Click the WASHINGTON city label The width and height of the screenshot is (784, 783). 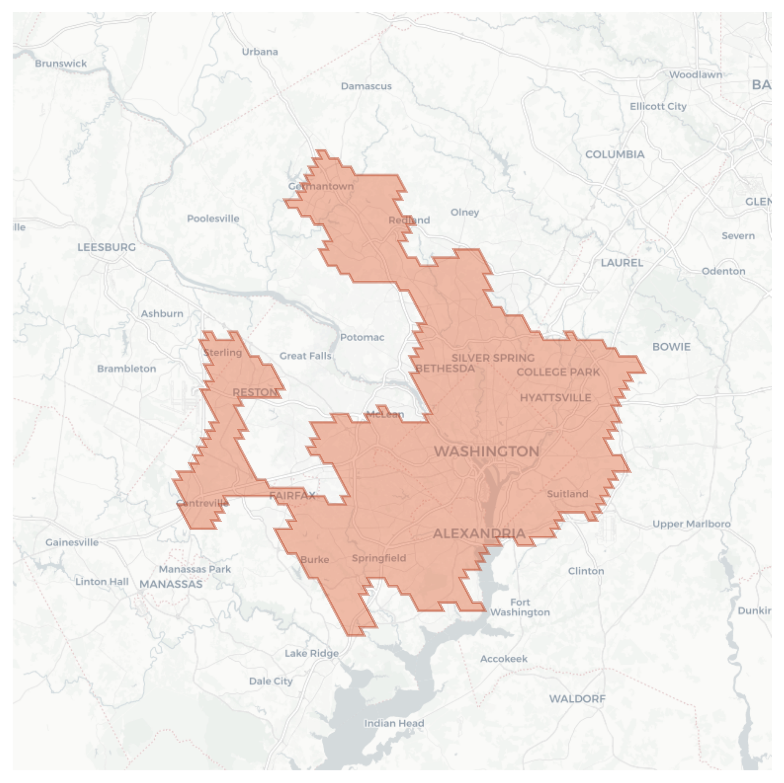486,452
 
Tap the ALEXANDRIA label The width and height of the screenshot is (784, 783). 479,534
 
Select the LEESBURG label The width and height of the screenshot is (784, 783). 106,247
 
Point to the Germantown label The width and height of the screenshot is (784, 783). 321,186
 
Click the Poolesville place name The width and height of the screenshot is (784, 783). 213,219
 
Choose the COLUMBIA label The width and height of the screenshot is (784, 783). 615,155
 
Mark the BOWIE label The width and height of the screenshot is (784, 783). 671,347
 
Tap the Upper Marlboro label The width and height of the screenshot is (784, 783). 691,524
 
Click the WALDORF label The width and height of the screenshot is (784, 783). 577,699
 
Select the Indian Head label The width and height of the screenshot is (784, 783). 394,723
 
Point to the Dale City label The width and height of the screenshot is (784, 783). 271,681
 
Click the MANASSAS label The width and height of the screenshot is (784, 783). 171,584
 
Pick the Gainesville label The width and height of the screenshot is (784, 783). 72,542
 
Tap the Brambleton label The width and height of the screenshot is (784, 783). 126,369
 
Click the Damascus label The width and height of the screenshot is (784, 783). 366,86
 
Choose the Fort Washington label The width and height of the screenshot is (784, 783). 520,607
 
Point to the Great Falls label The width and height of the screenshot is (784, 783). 305,356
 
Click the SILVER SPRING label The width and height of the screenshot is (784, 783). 493,358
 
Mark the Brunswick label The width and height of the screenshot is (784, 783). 61,64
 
